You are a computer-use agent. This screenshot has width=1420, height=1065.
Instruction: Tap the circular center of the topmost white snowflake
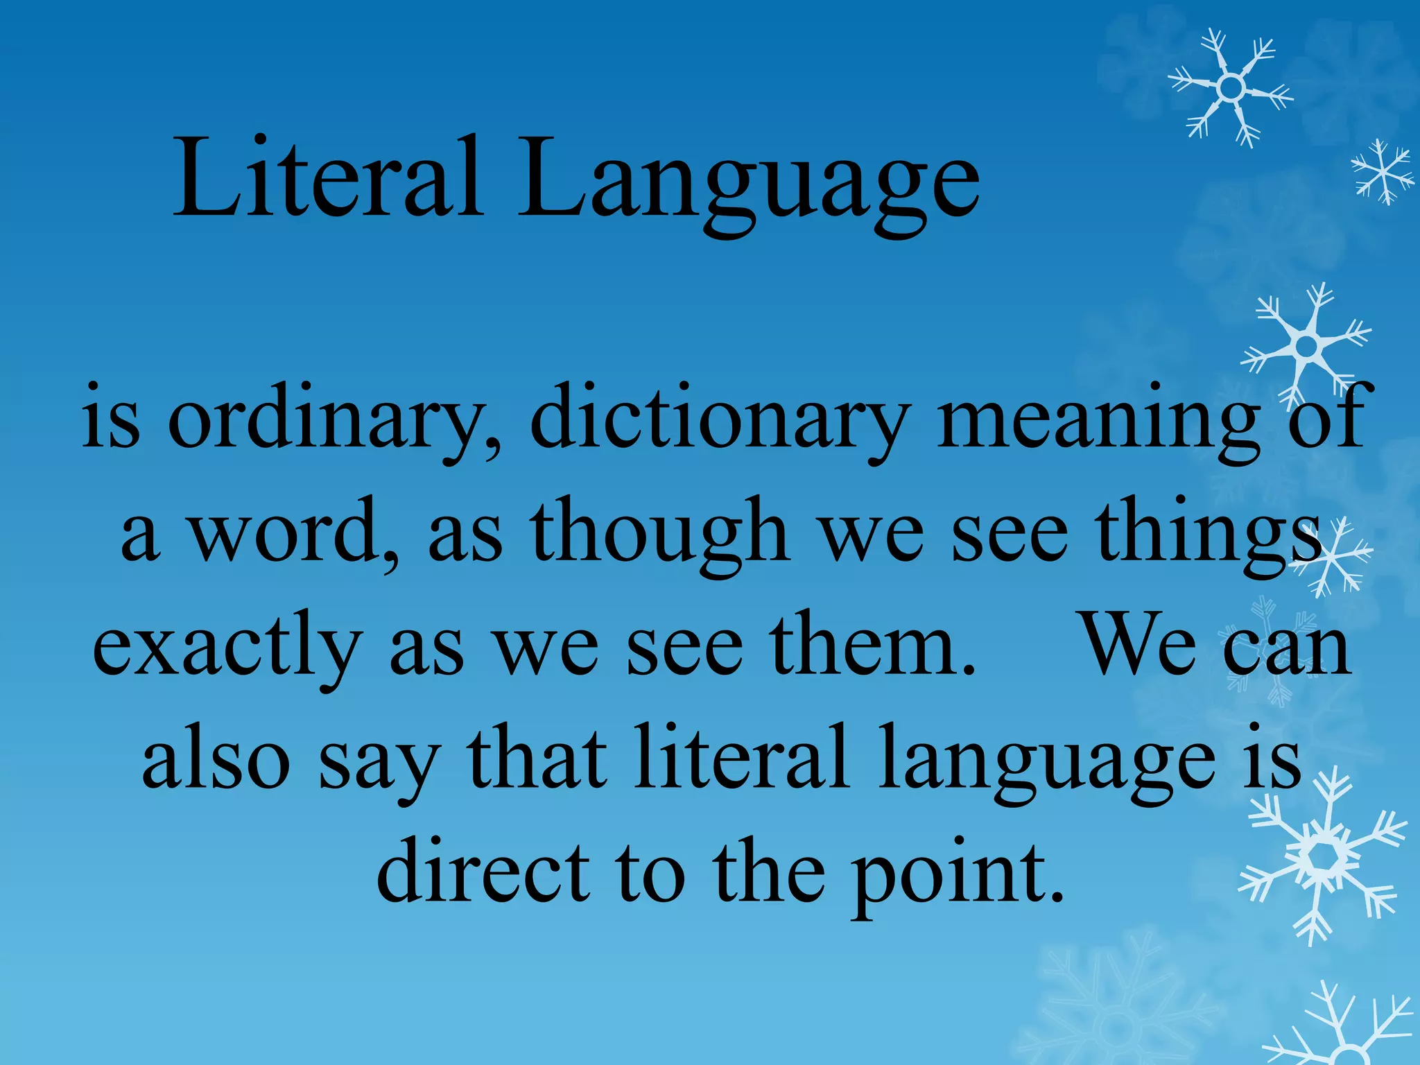click(1231, 87)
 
